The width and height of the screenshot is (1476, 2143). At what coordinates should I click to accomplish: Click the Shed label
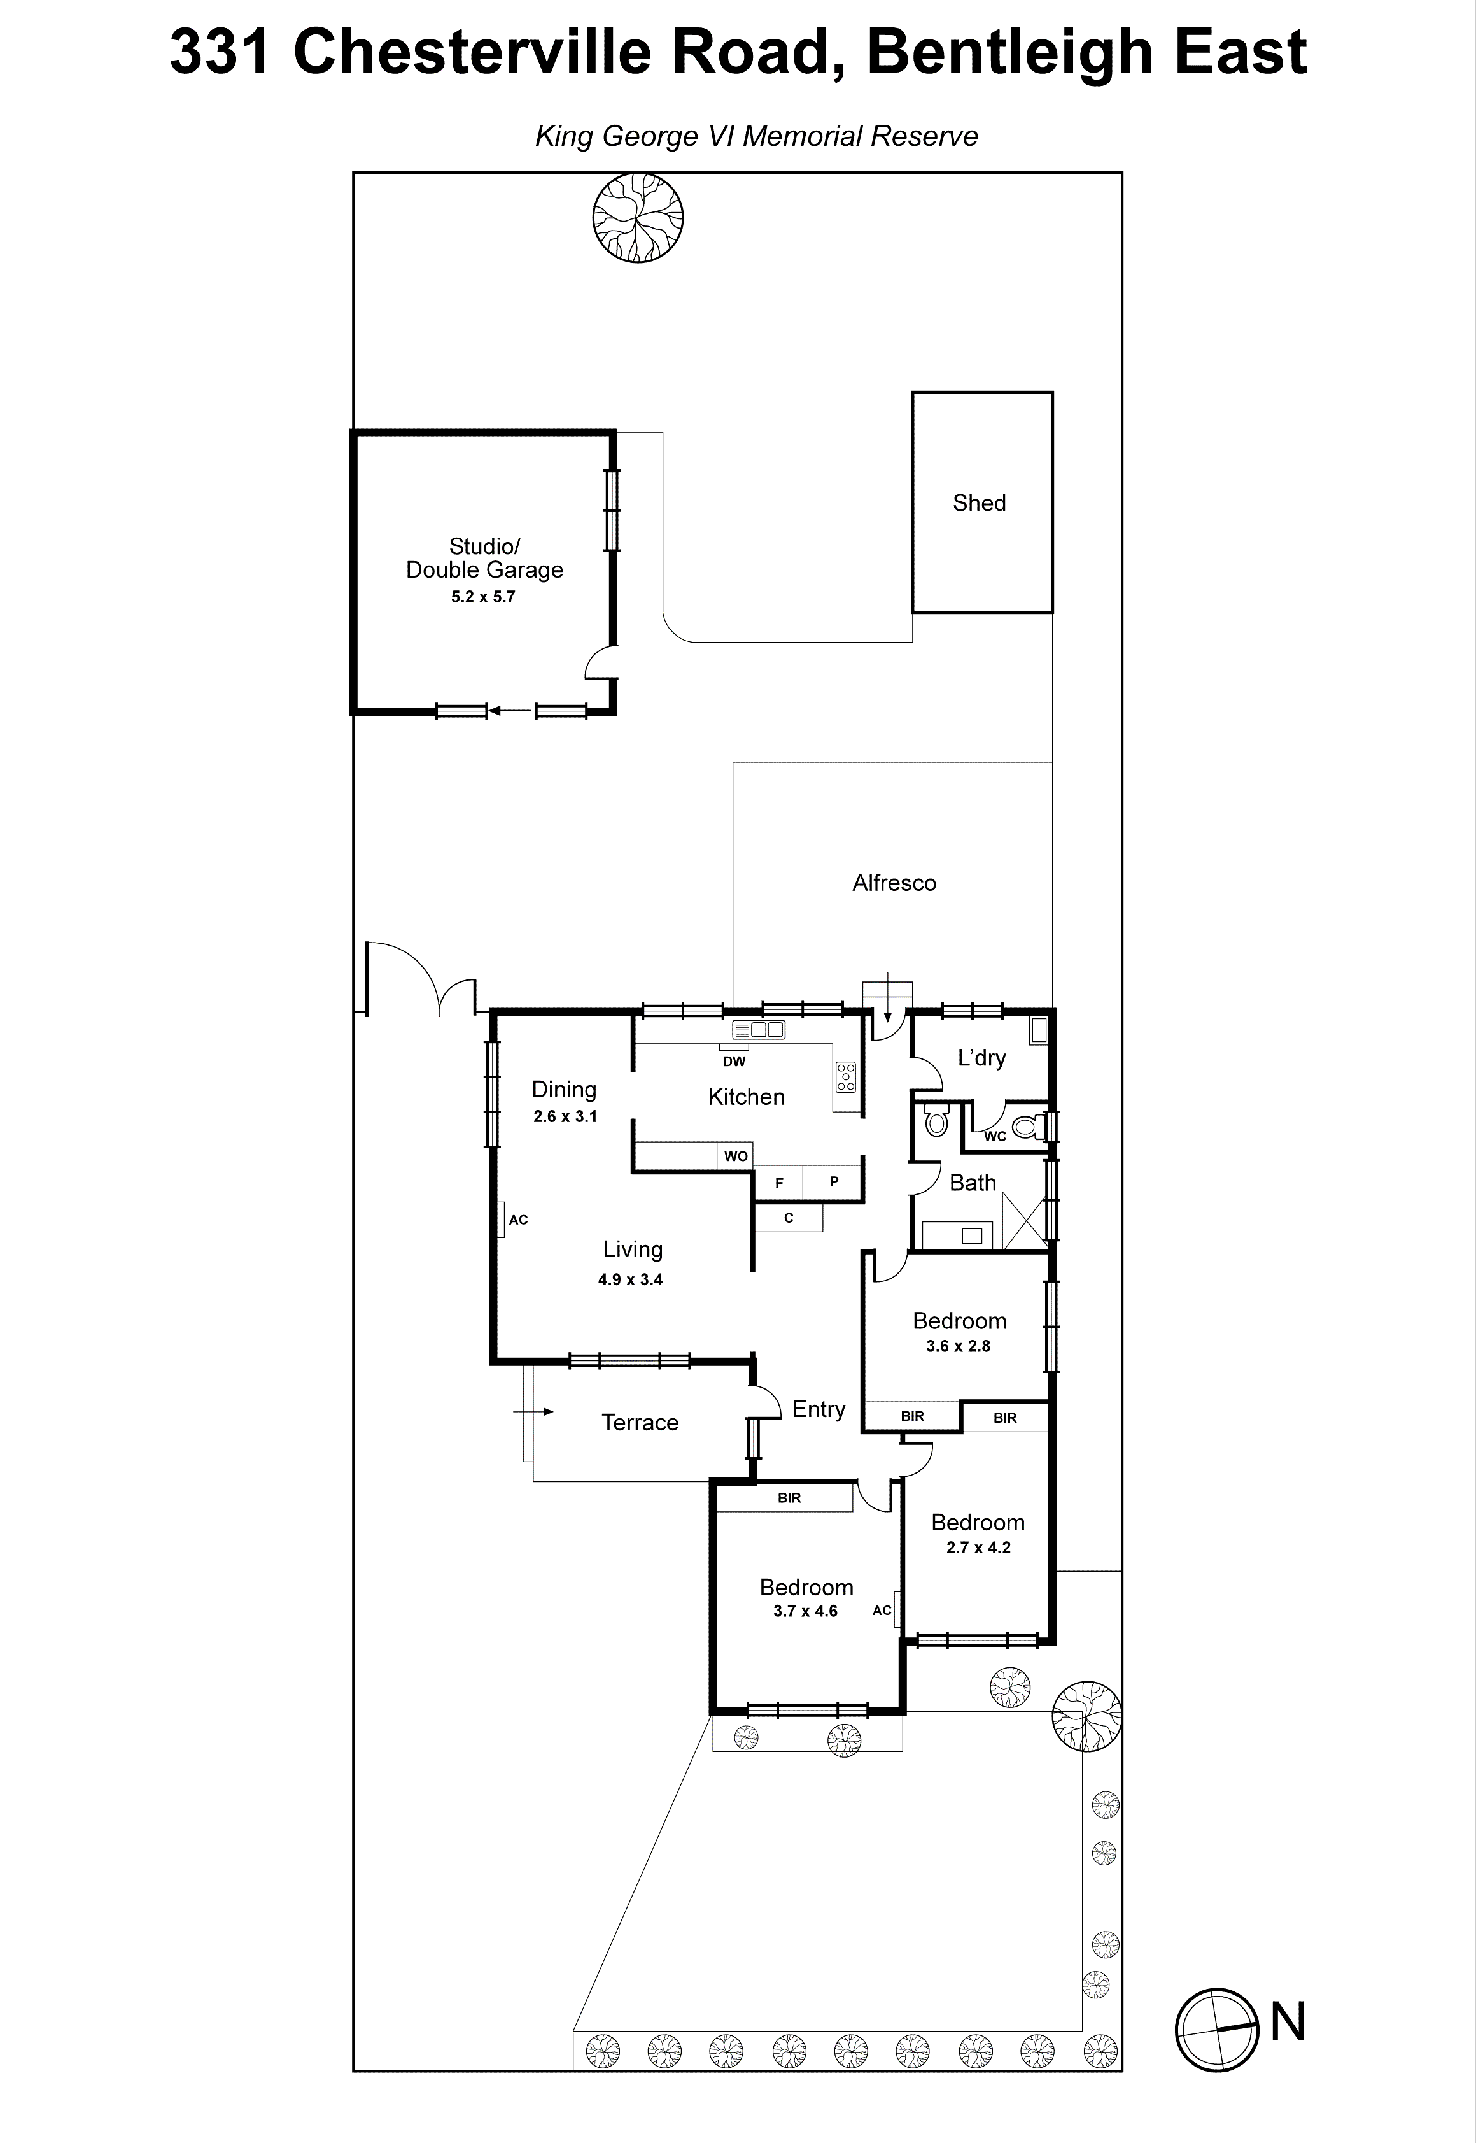pyautogui.click(x=980, y=503)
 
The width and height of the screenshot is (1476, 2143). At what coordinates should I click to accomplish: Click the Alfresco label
pyautogui.click(x=894, y=884)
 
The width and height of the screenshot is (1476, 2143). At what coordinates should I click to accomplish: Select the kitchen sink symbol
pyautogui.click(x=758, y=1029)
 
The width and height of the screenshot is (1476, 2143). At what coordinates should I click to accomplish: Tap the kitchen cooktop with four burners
pyautogui.click(x=845, y=1077)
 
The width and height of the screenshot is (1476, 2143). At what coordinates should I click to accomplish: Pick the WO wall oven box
pyautogui.click(x=736, y=1157)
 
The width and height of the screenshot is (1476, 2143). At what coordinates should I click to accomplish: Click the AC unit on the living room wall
pyautogui.click(x=500, y=1220)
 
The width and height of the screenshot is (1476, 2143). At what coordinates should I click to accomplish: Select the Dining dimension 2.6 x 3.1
pyautogui.click(x=565, y=1117)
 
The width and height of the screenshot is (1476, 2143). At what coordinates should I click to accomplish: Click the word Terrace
pyautogui.click(x=640, y=1423)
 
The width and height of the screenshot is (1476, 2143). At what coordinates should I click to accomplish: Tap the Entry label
pyautogui.click(x=819, y=1409)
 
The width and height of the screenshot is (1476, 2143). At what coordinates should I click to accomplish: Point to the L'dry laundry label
pyautogui.click(x=981, y=1058)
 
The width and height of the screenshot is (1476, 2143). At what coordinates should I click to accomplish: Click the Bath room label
pyautogui.click(x=973, y=1183)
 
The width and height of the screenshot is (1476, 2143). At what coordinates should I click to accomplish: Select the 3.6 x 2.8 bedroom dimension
pyautogui.click(x=958, y=1346)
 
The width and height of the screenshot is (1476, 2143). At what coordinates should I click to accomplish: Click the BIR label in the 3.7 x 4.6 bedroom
pyautogui.click(x=789, y=1498)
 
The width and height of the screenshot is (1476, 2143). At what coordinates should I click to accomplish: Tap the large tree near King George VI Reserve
pyautogui.click(x=638, y=218)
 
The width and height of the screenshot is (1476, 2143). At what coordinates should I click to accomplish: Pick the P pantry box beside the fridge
pyautogui.click(x=833, y=1181)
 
